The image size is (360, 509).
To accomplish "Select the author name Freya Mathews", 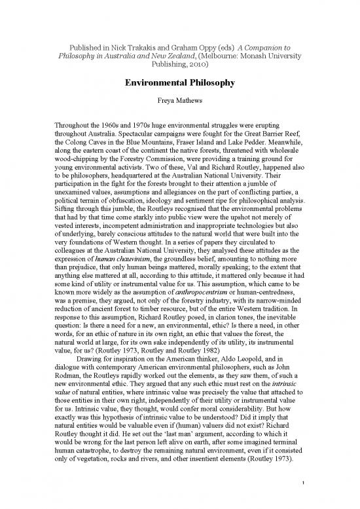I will (179, 103).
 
